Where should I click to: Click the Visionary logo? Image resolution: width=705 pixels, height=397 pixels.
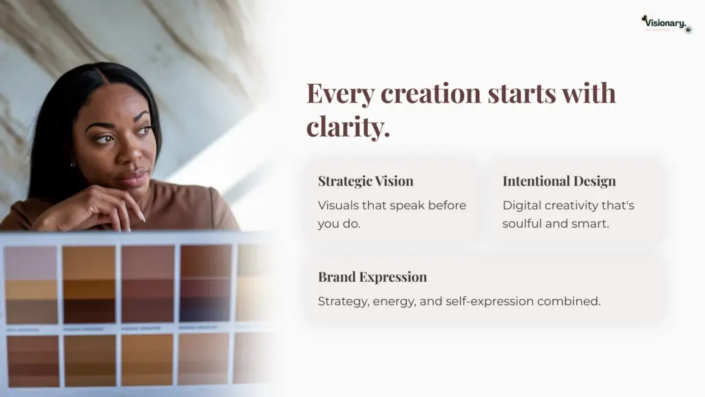point(666,23)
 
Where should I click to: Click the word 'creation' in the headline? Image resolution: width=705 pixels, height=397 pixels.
point(431,93)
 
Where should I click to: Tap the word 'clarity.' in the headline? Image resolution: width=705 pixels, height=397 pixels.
point(348,126)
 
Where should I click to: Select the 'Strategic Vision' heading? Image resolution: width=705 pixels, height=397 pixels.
point(366,181)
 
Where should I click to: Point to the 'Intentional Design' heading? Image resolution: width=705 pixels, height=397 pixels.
point(559,181)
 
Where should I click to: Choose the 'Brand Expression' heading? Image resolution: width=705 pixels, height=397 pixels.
point(372,277)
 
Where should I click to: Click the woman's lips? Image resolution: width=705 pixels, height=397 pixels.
point(133,177)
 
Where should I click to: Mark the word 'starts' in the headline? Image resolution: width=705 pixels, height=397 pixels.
point(522,94)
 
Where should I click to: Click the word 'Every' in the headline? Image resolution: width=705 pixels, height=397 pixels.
point(340,94)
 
